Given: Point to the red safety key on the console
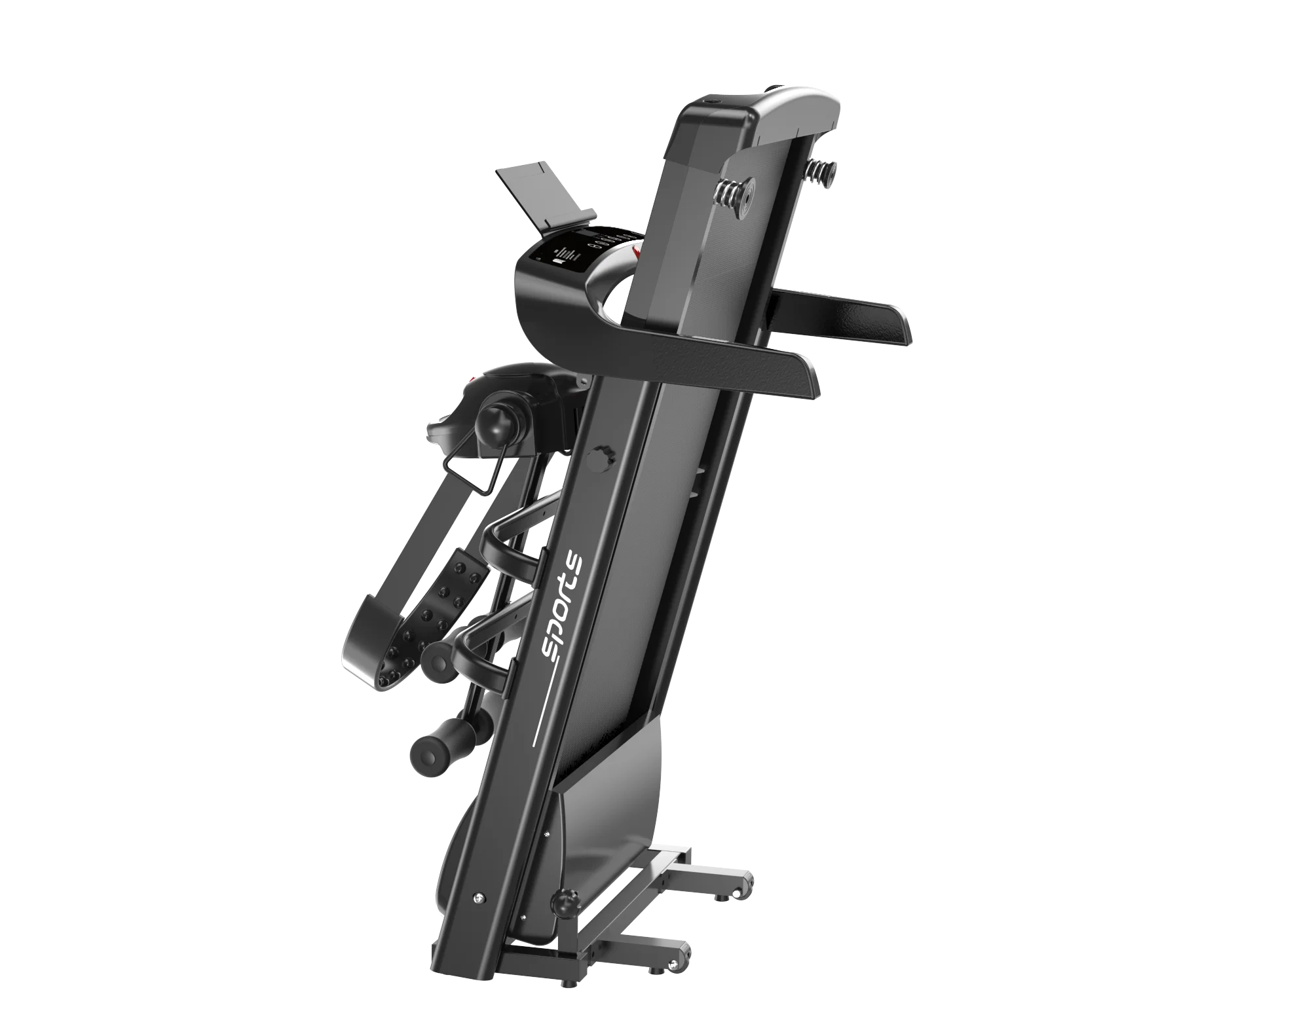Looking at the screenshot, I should tap(633, 249).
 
